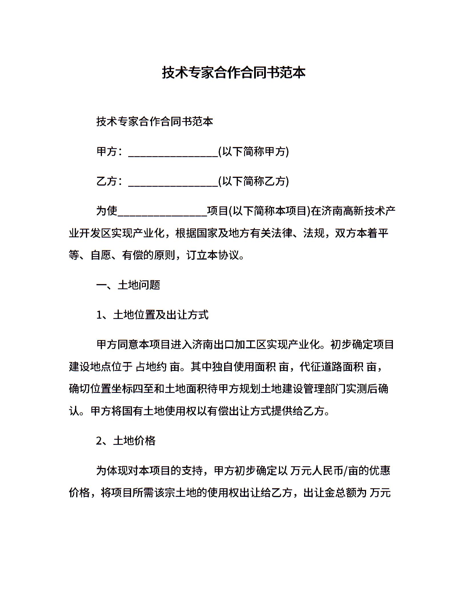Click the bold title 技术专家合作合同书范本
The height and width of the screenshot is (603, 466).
pos(234,73)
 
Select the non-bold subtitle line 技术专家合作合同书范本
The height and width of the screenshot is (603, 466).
pos(155,121)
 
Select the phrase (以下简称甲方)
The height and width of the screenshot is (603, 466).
pos(254,151)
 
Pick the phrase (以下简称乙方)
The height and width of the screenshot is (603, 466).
pos(254,181)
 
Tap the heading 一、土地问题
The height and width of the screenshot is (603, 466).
pos(128,285)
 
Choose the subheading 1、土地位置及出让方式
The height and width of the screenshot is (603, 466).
pos(152,315)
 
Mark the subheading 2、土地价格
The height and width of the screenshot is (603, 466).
pos(126,441)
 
